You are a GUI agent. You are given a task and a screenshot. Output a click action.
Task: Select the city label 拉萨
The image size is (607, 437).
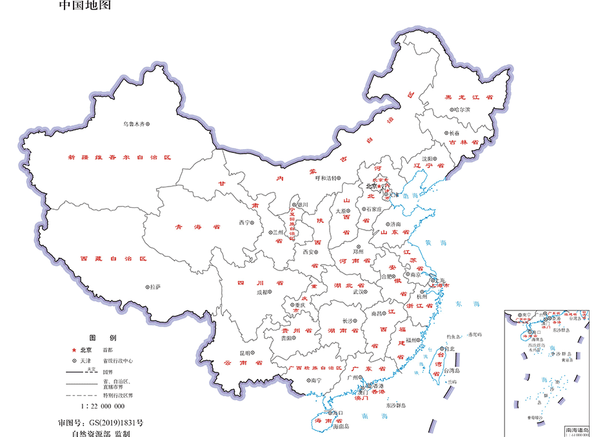(x=155, y=287)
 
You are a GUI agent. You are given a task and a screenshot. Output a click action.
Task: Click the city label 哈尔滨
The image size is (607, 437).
(x=462, y=110)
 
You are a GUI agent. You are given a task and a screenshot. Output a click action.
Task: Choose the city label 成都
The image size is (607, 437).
(x=263, y=292)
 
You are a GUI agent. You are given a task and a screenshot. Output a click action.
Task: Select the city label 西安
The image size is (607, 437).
(x=310, y=252)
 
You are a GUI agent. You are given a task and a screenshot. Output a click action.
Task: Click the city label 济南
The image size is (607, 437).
(x=395, y=224)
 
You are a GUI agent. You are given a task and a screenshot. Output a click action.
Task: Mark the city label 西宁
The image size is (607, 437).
(x=244, y=222)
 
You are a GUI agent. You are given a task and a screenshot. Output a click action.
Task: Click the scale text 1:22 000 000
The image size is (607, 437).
(x=103, y=407)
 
